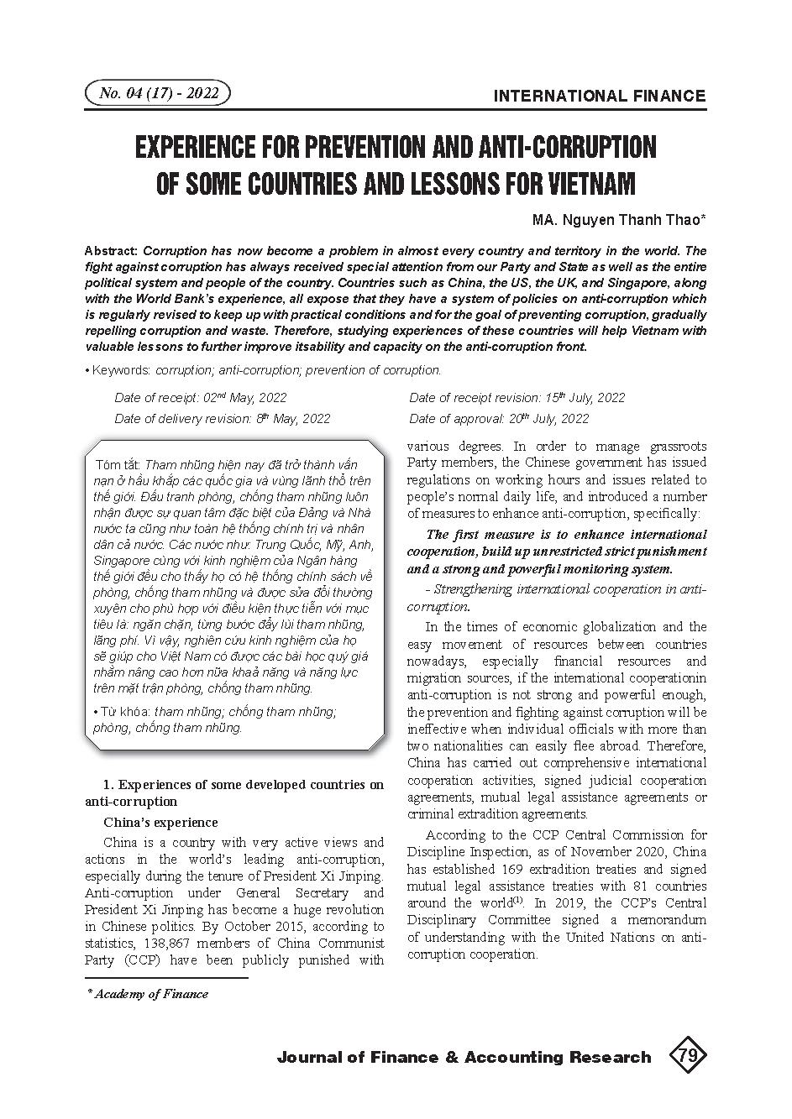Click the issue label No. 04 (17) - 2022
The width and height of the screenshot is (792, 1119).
[158, 93]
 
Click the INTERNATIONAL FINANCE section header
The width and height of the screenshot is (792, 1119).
[600, 96]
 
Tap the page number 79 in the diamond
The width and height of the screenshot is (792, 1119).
[687, 1056]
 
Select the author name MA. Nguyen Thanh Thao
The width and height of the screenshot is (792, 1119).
[618, 220]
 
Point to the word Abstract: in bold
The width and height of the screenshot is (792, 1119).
[113, 251]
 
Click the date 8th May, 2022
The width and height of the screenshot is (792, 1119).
[293, 418]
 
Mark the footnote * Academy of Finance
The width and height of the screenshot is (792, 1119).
[148, 994]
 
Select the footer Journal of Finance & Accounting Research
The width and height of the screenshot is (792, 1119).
[464, 1057]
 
